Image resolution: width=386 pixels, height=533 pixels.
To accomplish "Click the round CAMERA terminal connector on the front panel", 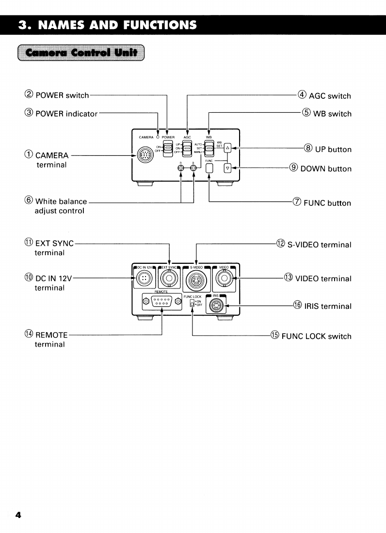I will (x=144, y=155).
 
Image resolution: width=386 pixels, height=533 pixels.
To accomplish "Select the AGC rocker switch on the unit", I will (x=187, y=148).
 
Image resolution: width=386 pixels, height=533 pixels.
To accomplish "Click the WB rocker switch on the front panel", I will (x=209, y=148).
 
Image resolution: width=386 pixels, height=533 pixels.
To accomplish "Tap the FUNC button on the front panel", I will (x=209, y=168).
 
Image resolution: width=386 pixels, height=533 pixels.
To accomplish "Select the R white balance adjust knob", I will (x=180, y=168).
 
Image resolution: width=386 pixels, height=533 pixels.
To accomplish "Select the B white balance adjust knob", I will (x=193, y=168).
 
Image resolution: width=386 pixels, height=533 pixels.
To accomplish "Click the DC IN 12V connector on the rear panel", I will (x=144, y=279).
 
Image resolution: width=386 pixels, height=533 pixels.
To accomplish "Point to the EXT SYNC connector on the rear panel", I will (x=169, y=279).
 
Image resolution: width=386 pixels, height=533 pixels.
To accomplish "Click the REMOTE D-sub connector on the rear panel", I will (x=161, y=302).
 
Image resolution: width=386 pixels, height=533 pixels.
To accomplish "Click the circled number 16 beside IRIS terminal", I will (x=298, y=306).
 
